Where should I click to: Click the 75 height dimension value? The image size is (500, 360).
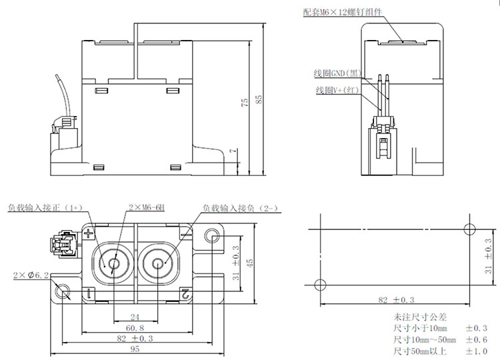click(x=245, y=102)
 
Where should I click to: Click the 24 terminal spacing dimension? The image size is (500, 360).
click(x=135, y=317)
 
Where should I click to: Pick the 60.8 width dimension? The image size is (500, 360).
click(x=135, y=329)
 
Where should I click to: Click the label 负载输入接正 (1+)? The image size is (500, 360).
click(x=44, y=207)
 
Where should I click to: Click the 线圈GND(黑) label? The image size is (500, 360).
click(x=337, y=73)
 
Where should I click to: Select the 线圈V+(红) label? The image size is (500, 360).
click(x=337, y=89)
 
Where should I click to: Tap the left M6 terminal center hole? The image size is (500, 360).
click(x=113, y=263)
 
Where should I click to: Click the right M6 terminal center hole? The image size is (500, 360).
click(x=159, y=263)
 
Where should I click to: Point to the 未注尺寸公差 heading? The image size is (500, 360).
click(x=413, y=317)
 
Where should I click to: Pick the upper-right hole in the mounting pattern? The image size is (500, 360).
click(x=470, y=228)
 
